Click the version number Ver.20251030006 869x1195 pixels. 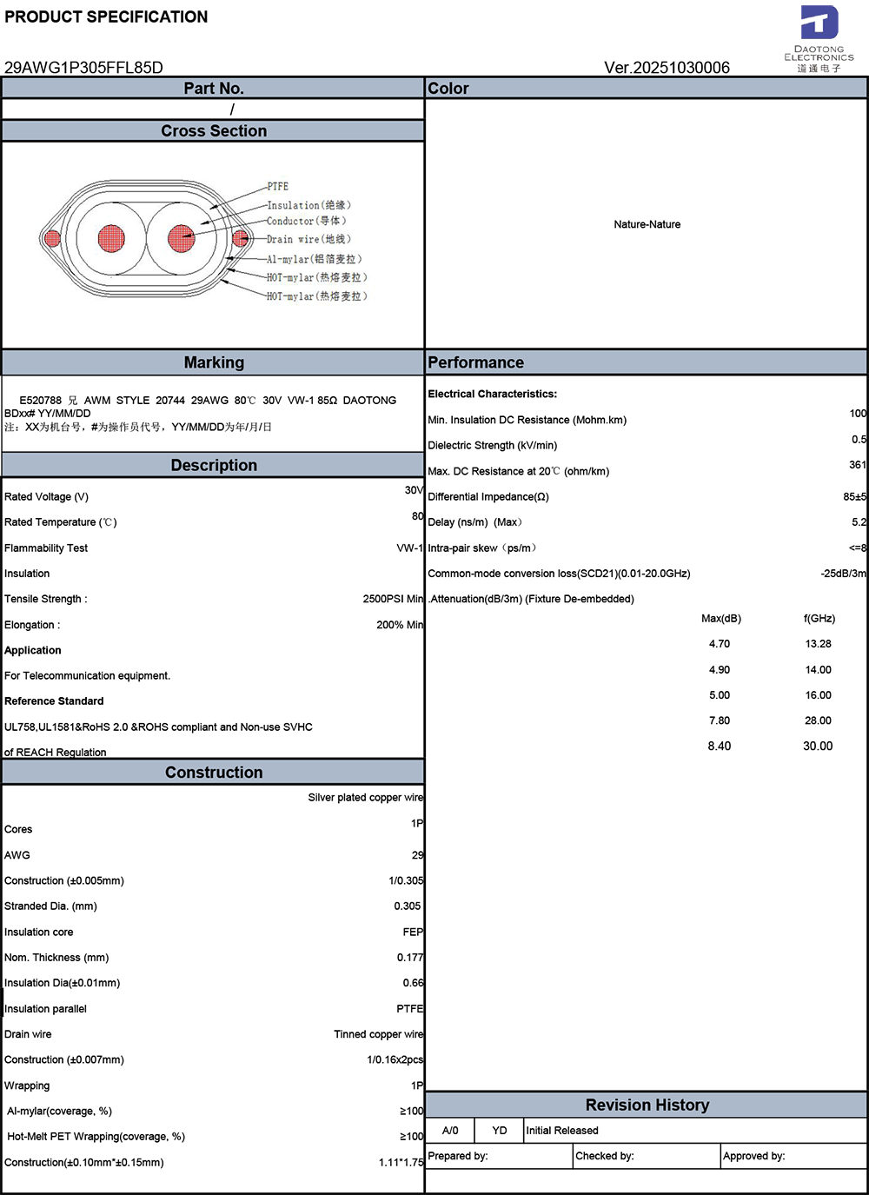pyautogui.click(x=667, y=68)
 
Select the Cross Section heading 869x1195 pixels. pyautogui.click(x=214, y=131)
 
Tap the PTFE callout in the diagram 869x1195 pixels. pyautogui.click(x=278, y=187)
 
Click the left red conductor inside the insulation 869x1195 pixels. pyautogui.click(x=111, y=237)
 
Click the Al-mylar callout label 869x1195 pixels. pyautogui.click(x=313, y=259)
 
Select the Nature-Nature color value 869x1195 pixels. pyautogui.click(x=647, y=224)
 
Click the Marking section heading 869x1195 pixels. pyautogui.click(x=214, y=362)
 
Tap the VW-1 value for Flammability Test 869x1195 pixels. pyautogui.click(x=409, y=548)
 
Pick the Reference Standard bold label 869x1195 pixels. pyautogui.click(x=54, y=701)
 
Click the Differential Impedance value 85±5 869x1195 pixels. pyautogui.click(x=854, y=497)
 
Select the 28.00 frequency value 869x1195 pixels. pyautogui.click(x=818, y=720)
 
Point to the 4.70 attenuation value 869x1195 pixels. pyautogui.click(x=720, y=644)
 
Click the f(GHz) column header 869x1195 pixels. pyautogui.click(x=819, y=619)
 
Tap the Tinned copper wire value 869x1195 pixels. pyautogui.click(x=378, y=1034)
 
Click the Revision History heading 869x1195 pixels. pyautogui.click(x=647, y=1105)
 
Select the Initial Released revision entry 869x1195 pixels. pyautogui.click(x=562, y=1131)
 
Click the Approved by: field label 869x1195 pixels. pyautogui.click(x=754, y=1156)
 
